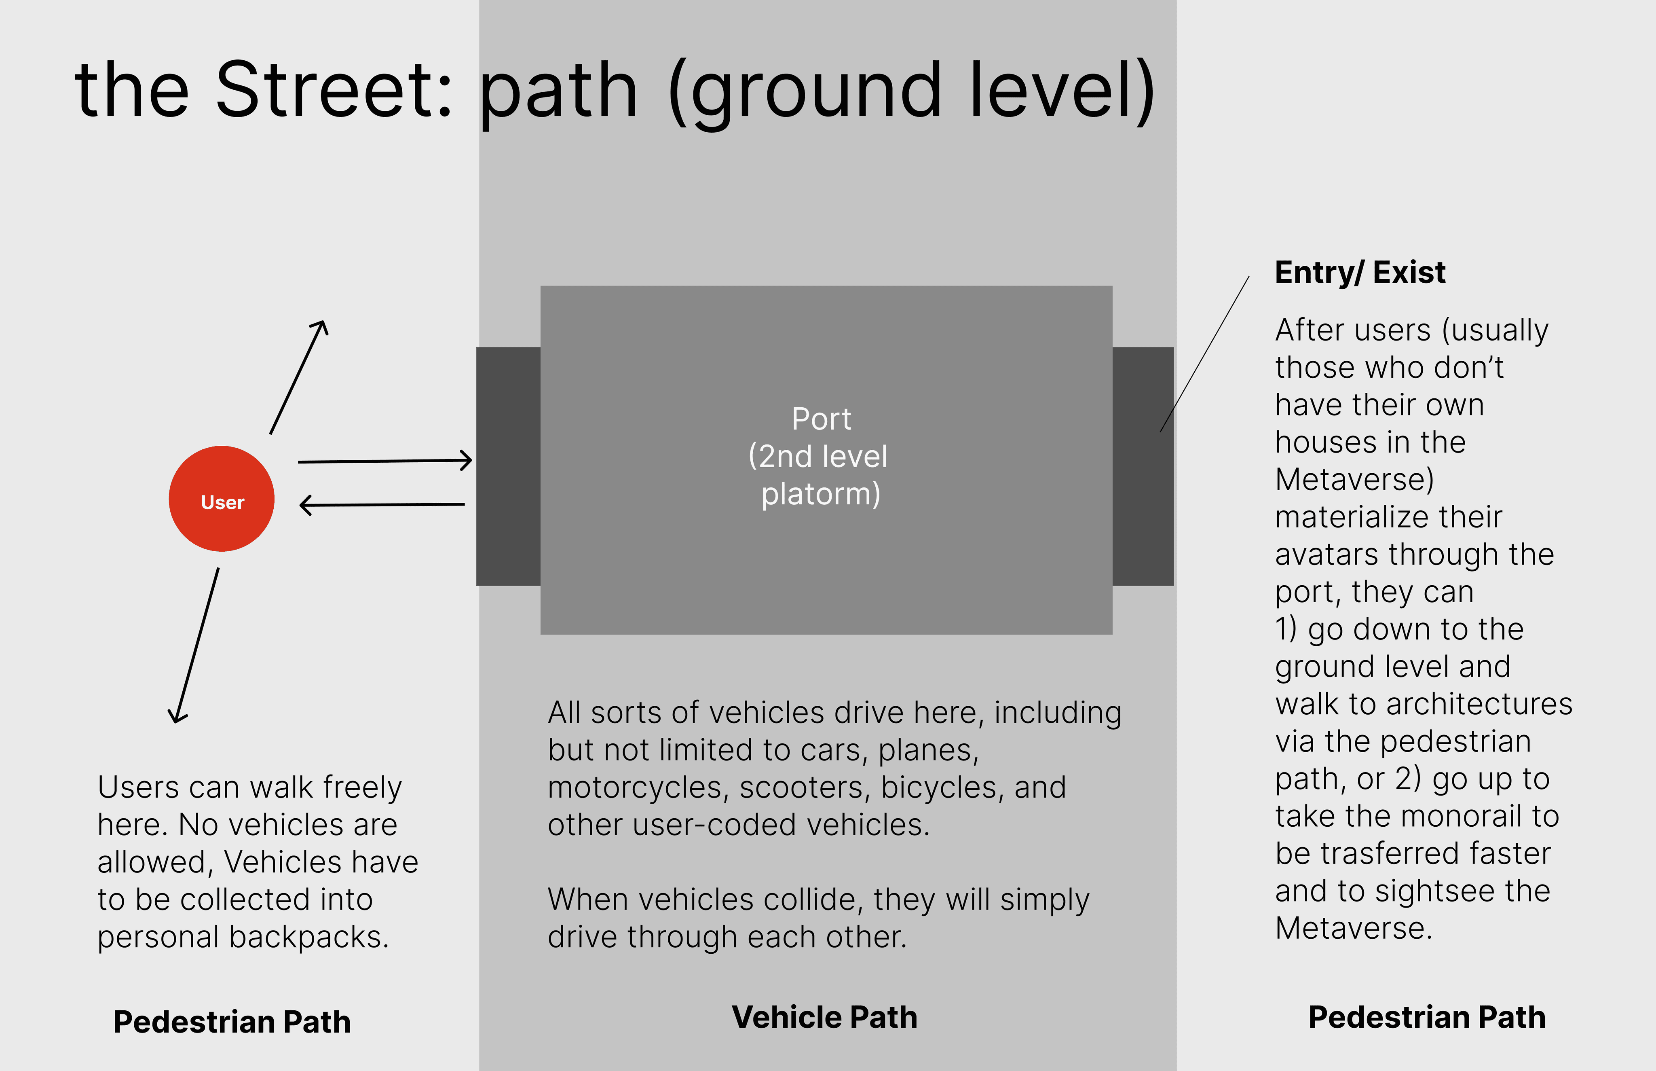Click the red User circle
click(222, 499)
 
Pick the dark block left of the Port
click(508, 466)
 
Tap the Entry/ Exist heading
click(1360, 272)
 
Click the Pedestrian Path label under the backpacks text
click(232, 1022)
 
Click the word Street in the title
click(334, 91)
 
